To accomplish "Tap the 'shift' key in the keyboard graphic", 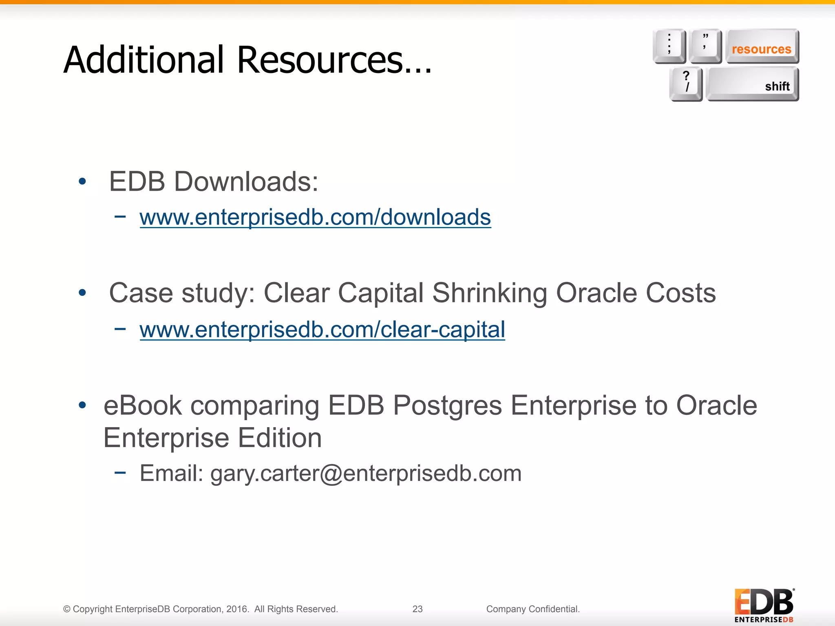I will [x=752, y=84].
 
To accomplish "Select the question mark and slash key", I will [x=686, y=83].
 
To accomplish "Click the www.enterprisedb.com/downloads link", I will [x=315, y=217].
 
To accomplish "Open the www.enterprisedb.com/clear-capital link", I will [x=322, y=329].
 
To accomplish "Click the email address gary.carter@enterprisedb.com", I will [x=366, y=473].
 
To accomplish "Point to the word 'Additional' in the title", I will [x=144, y=60].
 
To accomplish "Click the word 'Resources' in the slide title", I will [x=320, y=60].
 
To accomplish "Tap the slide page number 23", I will [x=417, y=609].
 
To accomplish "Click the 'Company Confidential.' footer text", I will [x=533, y=609].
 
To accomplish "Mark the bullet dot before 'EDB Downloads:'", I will [x=82, y=181].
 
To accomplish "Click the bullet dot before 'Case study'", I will [x=82, y=293].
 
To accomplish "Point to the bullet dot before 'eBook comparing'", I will [x=82, y=405].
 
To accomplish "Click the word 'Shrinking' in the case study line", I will [x=489, y=293].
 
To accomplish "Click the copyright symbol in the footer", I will [x=67, y=609].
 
